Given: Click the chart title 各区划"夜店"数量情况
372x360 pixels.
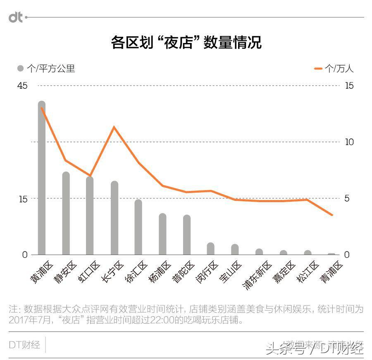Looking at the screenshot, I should (x=186, y=43).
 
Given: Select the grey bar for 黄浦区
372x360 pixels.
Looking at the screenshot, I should (x=42, y=178).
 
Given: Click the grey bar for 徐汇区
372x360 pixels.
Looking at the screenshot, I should (x=138, y=227).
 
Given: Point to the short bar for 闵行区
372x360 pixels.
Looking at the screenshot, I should (x=211, y=249).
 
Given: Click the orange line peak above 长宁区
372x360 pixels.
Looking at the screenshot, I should (x=114, y=127).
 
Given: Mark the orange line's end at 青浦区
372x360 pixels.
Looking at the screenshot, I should (x=331, y=215).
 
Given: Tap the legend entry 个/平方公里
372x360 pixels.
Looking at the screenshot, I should (x=46, y=69).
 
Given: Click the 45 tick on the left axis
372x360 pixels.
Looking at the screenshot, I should (x=22, y=86).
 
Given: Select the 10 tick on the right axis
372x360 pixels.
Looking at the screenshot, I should (x=349, y=142).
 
